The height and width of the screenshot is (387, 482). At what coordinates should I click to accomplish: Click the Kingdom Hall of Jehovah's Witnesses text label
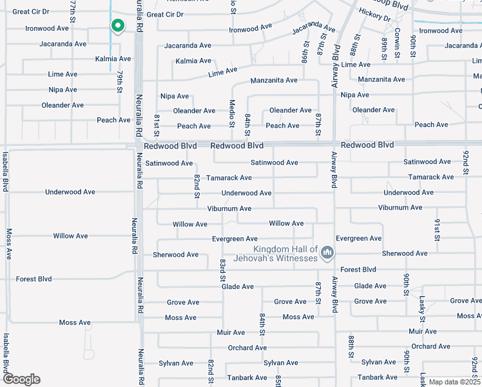point(286,253)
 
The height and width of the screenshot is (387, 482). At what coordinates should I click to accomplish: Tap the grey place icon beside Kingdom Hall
point(327,252)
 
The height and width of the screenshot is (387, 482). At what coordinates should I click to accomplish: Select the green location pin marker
point(117,26)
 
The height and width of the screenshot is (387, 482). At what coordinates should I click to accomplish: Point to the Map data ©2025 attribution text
point(454,382)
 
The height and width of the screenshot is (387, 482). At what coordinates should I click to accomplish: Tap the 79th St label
point(119,81)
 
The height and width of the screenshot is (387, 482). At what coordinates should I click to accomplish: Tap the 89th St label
point(384,48)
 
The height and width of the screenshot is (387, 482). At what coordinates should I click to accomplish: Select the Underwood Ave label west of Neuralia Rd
point(70,192)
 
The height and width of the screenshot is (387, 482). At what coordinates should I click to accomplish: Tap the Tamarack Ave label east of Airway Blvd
point(431,177)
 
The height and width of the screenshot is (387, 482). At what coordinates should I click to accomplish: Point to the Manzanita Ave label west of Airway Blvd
point(274,80)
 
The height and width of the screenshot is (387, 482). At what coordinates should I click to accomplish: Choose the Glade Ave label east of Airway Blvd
point(371,286)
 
